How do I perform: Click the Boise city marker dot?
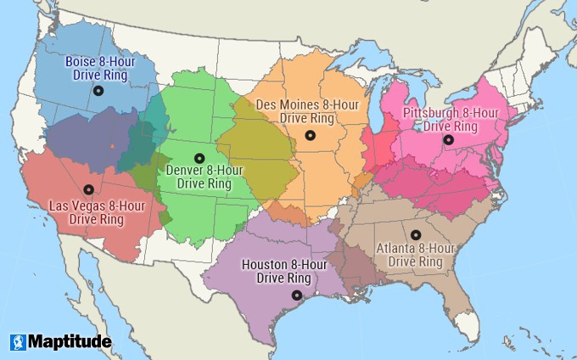coord(98,90)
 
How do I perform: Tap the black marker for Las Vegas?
coord(88,189)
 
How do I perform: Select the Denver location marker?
coord(199,157)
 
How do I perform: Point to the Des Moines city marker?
coord(310,135)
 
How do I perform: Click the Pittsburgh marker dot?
coord(447,140)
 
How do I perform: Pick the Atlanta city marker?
coord(415,234)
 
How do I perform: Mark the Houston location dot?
coord(296,295)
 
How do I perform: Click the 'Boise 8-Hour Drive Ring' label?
coord(98,67)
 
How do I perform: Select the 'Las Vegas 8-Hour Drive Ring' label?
coord(85,212)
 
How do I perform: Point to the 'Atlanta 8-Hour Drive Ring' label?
coord(415,255)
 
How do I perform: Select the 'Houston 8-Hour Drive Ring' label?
coord(285,272)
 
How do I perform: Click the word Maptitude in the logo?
coord(70,342)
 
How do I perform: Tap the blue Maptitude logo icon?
coord(18,342)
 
